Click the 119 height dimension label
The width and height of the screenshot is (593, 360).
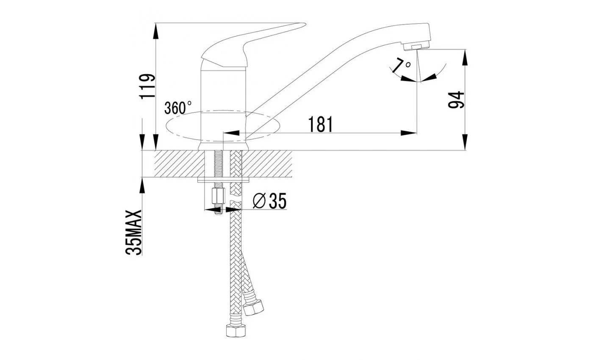point(147,86)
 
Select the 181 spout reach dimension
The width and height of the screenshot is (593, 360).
point(320,124)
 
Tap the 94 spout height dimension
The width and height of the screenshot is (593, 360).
point(456,100)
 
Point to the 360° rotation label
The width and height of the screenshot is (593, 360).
point(177,108)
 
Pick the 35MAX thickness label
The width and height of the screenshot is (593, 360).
point(134,233)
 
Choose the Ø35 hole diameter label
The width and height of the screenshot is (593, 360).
point(270,201)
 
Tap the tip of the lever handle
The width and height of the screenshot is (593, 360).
point(305,25)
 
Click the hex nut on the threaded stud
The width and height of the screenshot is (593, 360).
point(219,196)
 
